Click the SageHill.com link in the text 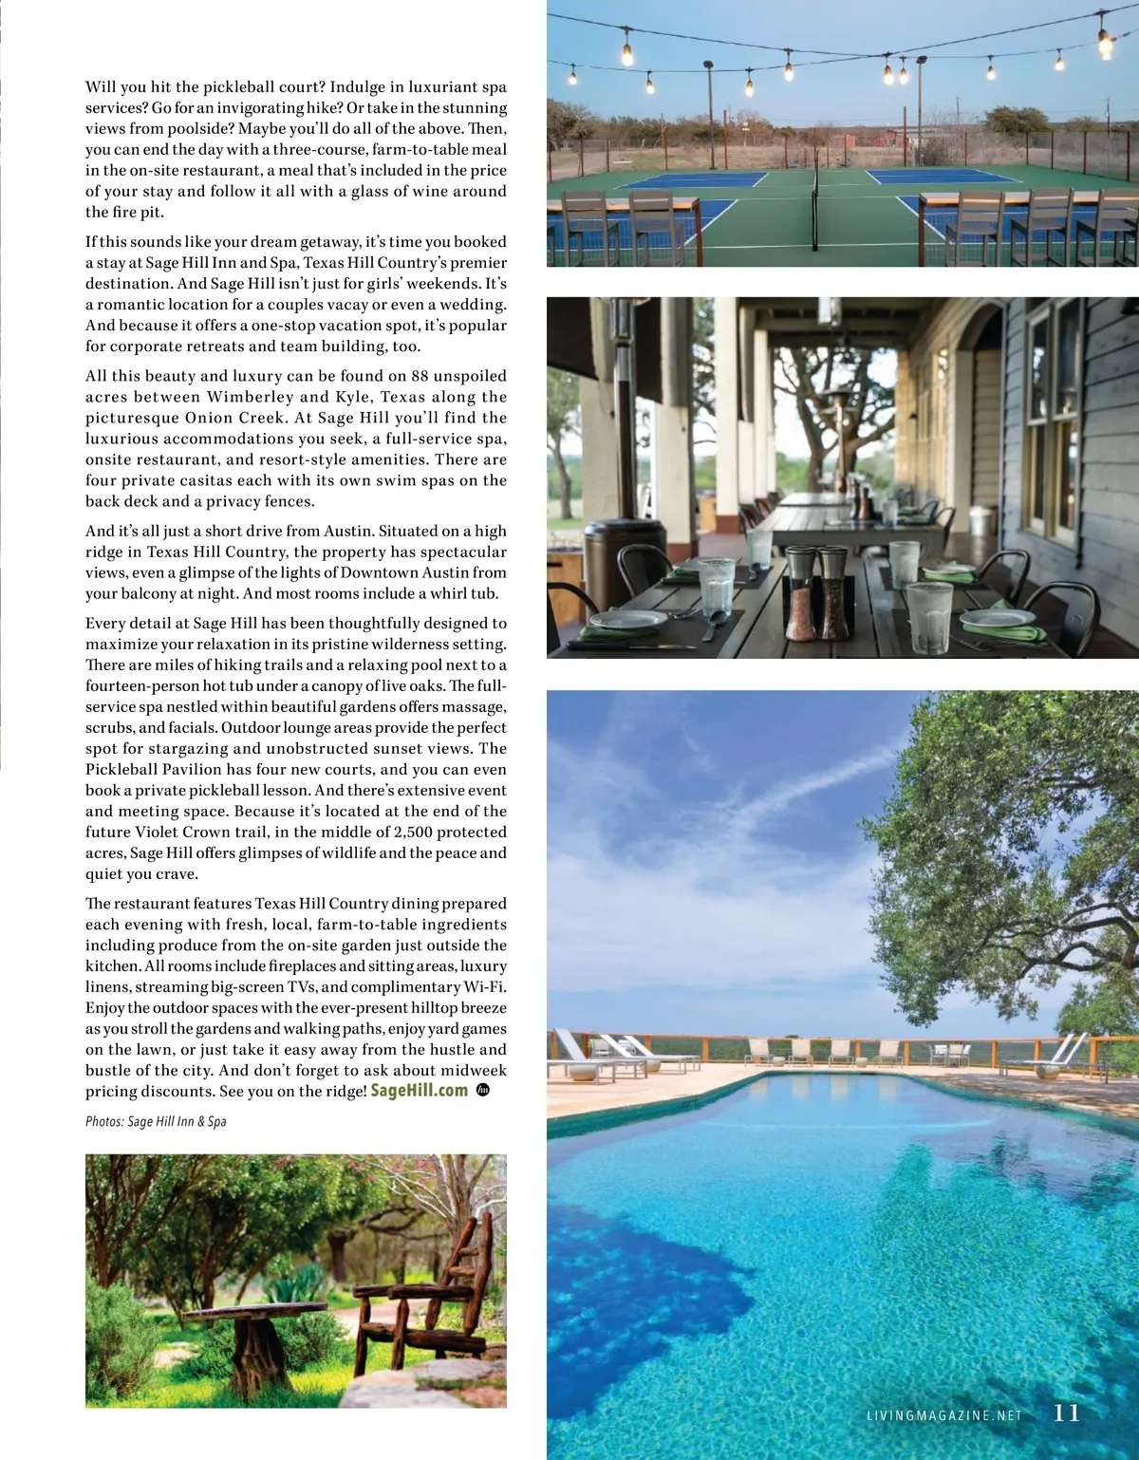pos(419,1090)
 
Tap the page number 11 pos(1067,1413)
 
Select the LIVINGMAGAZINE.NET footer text pos(944,1414)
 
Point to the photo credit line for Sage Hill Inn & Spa pos(156,1121)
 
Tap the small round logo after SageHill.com pos(482,1090)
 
